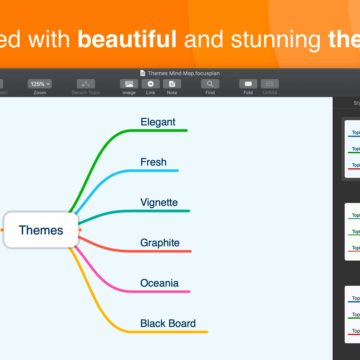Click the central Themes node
tap(40, 230)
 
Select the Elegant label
tap(158, 122)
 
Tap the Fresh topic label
tap(153, 162)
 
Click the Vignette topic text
tap(159, 202)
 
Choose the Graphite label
tap(160, 242)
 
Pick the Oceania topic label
tap(160, 283)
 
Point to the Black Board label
tap(168, 323)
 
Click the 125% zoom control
tap(39, 83)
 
